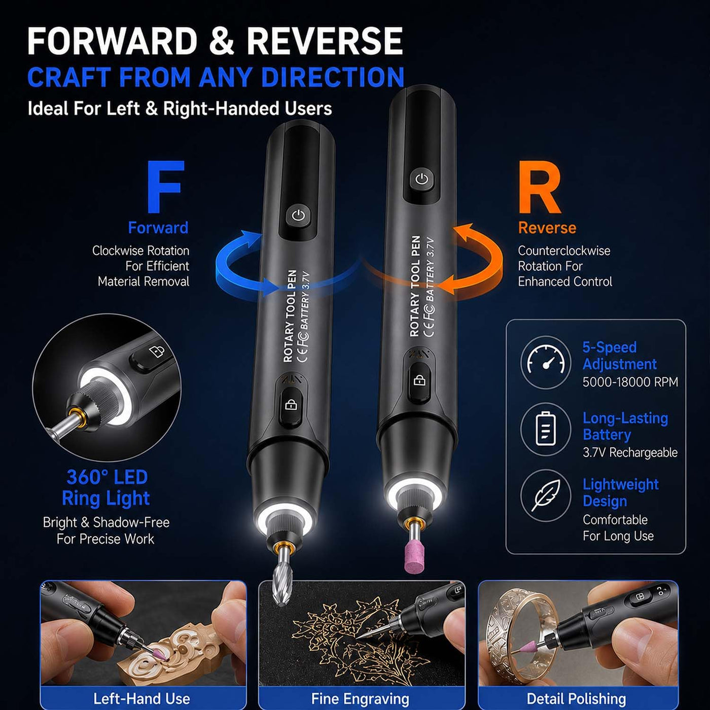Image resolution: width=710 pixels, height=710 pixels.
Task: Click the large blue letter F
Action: coord(165,187)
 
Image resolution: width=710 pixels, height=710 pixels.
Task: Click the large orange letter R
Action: coord(540,187)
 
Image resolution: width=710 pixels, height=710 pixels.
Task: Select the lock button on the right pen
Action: coord(419,380)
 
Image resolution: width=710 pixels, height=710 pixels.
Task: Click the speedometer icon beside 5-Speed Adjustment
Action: coord(546,363)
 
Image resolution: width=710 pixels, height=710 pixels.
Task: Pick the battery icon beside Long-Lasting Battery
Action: coord(546,429)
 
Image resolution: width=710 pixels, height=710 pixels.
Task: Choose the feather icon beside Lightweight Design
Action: coord(546,495)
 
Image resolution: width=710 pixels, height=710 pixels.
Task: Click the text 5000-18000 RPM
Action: coord(630,382)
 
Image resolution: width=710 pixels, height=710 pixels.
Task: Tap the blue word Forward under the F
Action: coord(158,228)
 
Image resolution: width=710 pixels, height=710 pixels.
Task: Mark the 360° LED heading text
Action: coord(107,477)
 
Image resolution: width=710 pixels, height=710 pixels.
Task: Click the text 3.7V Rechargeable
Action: coord(630,452)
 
